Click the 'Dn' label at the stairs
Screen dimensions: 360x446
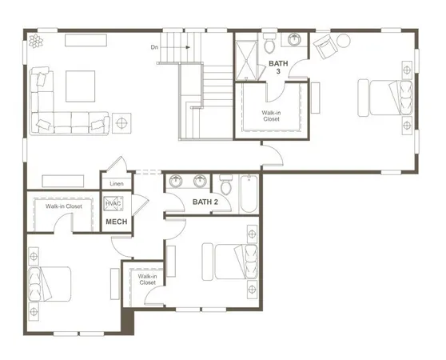pyautogui.click(x=154, y=47)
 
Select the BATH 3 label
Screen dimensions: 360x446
pyautogui.click(x=278, y=66)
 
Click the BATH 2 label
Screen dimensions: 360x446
pyautogui.click(x=205, y=202)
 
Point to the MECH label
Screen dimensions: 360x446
pyautogui.click(x=117, y=222)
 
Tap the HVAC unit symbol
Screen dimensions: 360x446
pyautogui.click(x=113, y=205)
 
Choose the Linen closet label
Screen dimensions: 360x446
pyautogui.click(x=117, y=184)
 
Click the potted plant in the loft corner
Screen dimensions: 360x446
pyautogui.click(x=35, y=41)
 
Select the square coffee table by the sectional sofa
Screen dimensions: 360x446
pyautogui.click(x=79, y=85)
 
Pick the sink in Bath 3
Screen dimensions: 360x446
pyautogui.click(x=295, y=38)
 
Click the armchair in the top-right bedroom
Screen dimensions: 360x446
pyautogui.click(x=325, y=47)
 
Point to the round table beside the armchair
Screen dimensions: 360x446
pyautogui.click(x=344, y=40)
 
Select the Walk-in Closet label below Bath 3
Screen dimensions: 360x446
pyautogui.click(x=271, y=116)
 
